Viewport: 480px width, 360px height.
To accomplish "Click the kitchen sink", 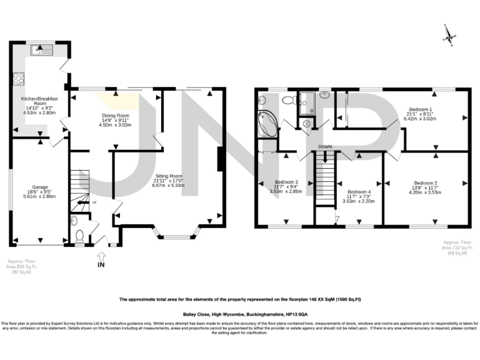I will (45, 48).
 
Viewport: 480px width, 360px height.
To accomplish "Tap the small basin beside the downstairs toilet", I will (74, 220).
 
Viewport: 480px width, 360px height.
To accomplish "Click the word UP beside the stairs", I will (94, 202).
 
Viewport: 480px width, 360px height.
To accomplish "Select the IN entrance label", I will (101, 265).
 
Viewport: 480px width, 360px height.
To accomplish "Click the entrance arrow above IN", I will (101, 255).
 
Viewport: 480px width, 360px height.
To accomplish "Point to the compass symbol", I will (447, 35).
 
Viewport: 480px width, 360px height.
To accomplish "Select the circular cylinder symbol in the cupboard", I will (307, 124).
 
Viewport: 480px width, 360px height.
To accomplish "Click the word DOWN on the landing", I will (324, 147).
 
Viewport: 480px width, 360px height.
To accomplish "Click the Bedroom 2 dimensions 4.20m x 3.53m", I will (426, 192).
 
